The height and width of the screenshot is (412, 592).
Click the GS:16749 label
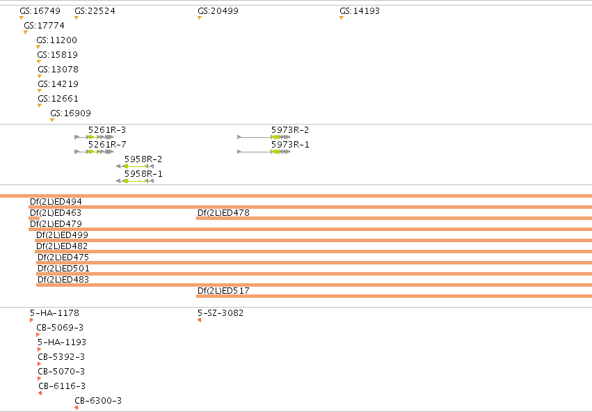(40, 11)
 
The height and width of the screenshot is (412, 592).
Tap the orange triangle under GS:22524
(77, 18)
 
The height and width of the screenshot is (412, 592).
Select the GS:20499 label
(218, 11)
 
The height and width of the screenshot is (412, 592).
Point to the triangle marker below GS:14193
(342, 18)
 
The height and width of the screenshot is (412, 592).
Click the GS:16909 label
(70, 113)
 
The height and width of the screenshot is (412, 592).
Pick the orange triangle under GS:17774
(26, 33)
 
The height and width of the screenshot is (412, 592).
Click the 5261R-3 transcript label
(107, 130)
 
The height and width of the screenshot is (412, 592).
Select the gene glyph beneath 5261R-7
(95, 152)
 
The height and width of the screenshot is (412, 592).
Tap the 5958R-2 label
(143, 159)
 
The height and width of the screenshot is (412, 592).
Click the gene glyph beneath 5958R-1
(135, 181)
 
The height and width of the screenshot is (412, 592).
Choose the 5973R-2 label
(290, 130)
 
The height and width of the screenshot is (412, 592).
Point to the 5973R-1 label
(290, 145)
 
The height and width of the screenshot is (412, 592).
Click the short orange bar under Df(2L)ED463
(34, 219)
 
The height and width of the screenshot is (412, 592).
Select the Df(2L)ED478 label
(223, 213)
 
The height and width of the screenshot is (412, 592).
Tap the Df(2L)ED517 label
(223, 291)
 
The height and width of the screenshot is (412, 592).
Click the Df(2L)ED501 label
(63, 269)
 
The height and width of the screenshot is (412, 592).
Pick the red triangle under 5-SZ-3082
(200, 320)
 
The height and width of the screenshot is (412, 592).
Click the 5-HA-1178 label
(55, 313)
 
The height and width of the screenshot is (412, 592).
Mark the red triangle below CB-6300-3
(77, 408)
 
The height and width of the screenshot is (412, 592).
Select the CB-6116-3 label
(62, 386)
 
